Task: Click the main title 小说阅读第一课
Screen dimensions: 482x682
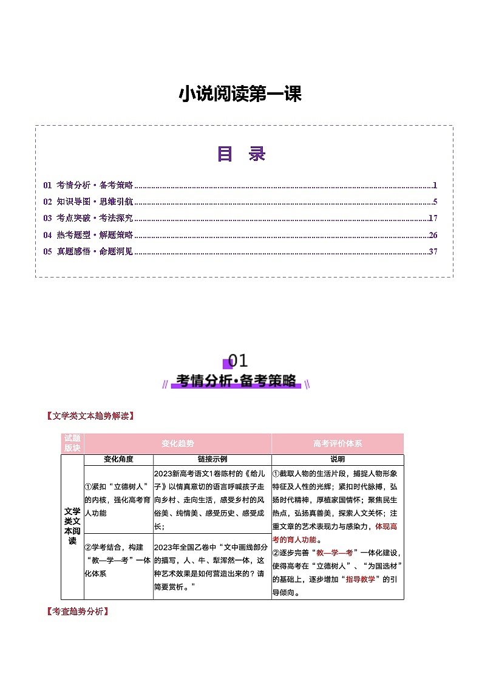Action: click(x=240, y=95)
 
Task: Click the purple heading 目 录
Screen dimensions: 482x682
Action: click(x=242, y=154)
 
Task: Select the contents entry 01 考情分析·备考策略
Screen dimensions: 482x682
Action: click(x=88, y=185)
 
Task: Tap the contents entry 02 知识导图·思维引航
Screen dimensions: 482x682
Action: click(x=88, y=202)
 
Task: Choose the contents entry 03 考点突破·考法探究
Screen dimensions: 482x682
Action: click(x=88, y=218)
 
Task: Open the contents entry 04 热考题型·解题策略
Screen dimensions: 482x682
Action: click(x=88, y=235)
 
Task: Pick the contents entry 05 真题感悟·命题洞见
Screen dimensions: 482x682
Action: click(x=88, y=251)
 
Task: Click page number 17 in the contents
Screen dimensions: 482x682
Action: click(x=433, y=218)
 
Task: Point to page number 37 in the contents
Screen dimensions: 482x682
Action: click(x=433, y=251)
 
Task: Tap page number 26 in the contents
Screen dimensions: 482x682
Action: click(x=433, y=235)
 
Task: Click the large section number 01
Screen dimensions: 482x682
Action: click(x=238, y=361)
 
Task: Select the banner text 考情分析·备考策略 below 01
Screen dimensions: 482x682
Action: click(x=236, y=381)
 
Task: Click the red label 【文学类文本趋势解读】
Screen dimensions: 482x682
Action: click(x=89, y=416)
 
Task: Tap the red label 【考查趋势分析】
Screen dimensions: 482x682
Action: click(x=77, y=611)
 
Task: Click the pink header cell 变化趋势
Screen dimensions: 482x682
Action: click(x=178, y=444)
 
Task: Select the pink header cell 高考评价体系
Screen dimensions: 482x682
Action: click(x=338, y=444)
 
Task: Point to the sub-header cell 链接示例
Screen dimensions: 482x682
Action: click(x=212, y=460)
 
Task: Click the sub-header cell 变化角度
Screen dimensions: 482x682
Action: click(x=118, y=460)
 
